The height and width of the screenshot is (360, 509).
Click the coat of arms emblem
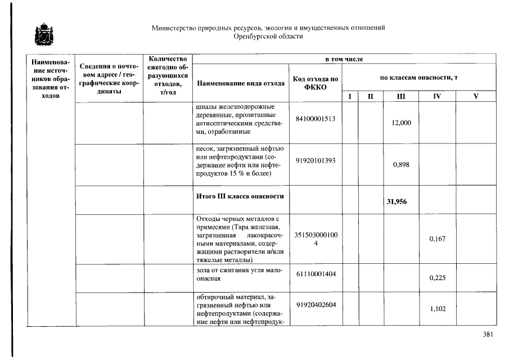pos(42,35)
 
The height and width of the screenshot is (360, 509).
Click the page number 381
pos(488,335)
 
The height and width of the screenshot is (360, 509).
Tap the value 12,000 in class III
pos(401,123)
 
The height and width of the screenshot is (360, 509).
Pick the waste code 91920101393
pos(315,160)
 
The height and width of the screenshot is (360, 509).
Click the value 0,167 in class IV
pos(437,239)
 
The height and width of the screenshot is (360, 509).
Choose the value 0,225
pos(437,277)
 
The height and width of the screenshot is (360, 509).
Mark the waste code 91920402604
pos(315,304)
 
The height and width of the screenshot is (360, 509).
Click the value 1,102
pos(437,309)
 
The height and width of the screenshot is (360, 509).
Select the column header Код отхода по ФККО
pos(315,83)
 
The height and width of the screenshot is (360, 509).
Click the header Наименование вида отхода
pos(240,84)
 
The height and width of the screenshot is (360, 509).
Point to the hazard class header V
pos(476,97)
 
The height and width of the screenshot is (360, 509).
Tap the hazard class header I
pos(350,97)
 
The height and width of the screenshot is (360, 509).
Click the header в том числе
pos(344,59)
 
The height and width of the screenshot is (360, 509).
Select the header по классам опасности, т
pos(418,77)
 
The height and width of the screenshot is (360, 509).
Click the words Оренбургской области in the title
pos(268,36)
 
